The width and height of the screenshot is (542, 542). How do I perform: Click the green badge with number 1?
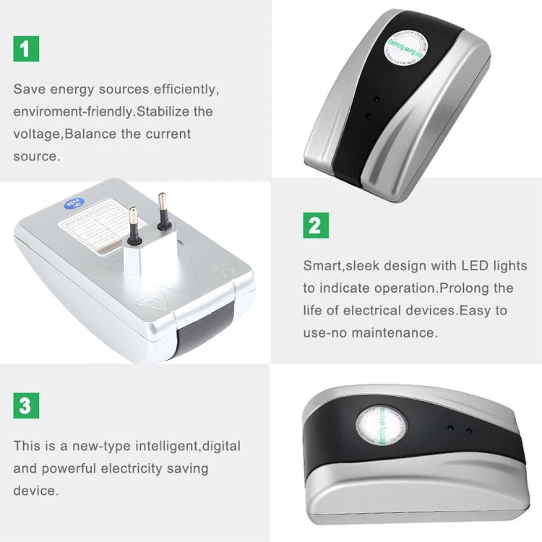(25, 48)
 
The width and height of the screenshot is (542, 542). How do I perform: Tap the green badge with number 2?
(315, 225)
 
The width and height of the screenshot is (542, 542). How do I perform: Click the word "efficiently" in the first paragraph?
(182, 90)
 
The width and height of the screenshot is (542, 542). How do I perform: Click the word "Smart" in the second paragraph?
(321, 266)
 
